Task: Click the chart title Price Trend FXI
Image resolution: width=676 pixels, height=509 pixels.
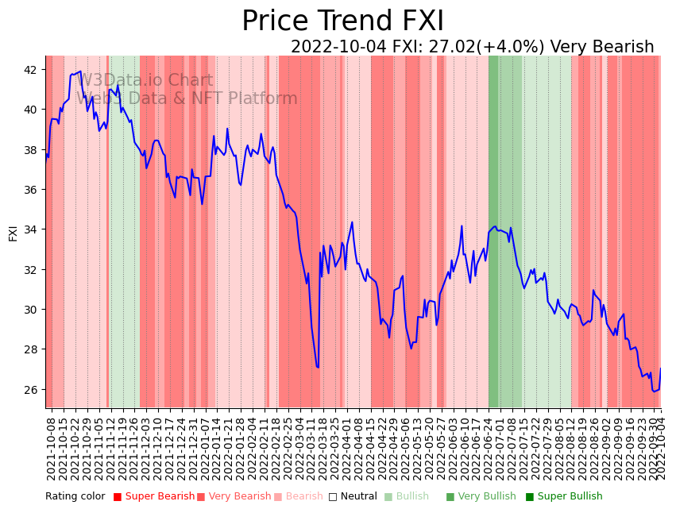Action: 342,21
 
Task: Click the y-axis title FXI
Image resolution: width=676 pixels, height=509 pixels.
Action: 13,233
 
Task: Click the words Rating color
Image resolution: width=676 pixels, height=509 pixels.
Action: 75,496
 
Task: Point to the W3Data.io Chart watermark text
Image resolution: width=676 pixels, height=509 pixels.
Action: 145,80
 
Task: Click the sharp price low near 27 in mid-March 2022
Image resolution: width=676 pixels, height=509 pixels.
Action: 318,367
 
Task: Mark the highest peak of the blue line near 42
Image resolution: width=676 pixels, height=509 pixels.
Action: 80,71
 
